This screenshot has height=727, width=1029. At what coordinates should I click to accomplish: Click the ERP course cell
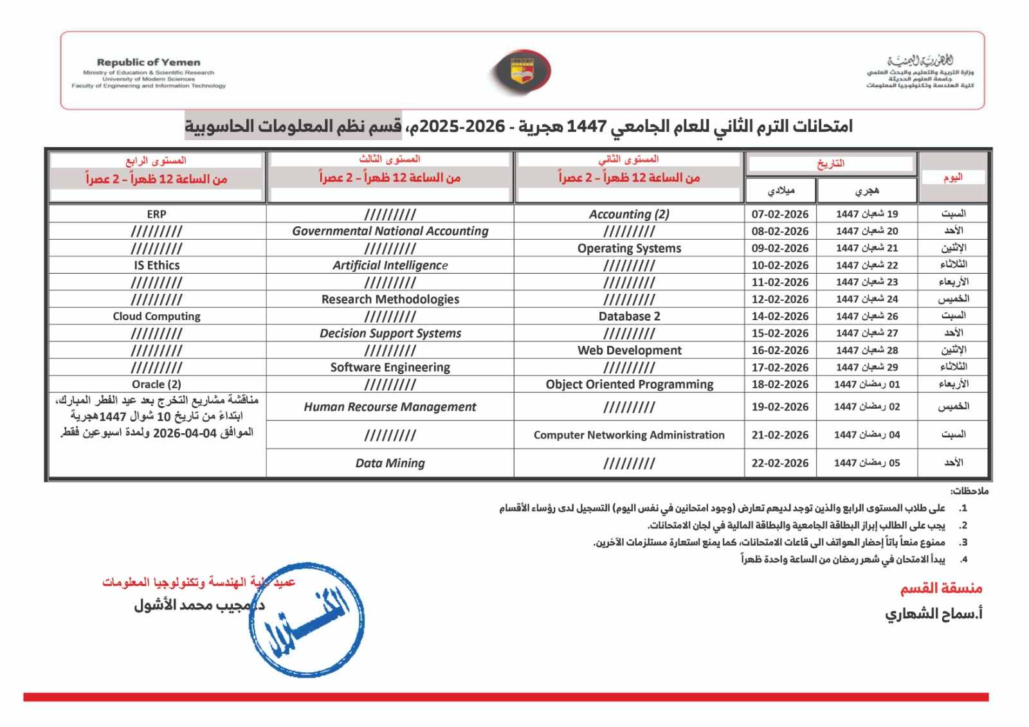coord(156,214)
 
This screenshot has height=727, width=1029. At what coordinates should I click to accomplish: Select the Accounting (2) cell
coord(629,214)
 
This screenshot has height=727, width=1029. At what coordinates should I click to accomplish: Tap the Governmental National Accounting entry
coord(390,231)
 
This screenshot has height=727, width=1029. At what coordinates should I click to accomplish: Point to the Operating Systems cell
coord(629,248)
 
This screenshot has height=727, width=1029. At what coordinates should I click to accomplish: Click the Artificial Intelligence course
coord(390,265)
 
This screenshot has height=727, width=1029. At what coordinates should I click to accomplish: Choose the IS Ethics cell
coord(156,265)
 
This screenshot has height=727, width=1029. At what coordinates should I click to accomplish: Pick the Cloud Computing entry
coord(156,316)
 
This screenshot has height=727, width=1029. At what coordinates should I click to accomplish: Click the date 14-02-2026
coord(779,316)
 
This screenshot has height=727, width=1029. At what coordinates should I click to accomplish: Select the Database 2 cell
coord(629,316)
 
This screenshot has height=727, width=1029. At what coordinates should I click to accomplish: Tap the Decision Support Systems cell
coord(390,333)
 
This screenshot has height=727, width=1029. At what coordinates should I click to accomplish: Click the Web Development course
coord(629,350)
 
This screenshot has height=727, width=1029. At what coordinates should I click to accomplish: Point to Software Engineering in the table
coord(390,367)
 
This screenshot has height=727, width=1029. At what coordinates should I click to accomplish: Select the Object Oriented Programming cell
coord(629,384)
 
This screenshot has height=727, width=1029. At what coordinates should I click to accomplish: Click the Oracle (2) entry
coord(156,384)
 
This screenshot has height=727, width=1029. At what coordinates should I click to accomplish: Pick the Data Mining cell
coord(390,463)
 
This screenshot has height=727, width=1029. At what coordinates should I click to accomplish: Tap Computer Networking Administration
coord(629,435)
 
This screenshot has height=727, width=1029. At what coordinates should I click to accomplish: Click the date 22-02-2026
coord(779,463)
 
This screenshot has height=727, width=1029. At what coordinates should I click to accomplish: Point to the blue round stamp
coord(307,619)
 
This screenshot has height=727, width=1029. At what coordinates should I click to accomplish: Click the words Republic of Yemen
coord(149,62)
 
